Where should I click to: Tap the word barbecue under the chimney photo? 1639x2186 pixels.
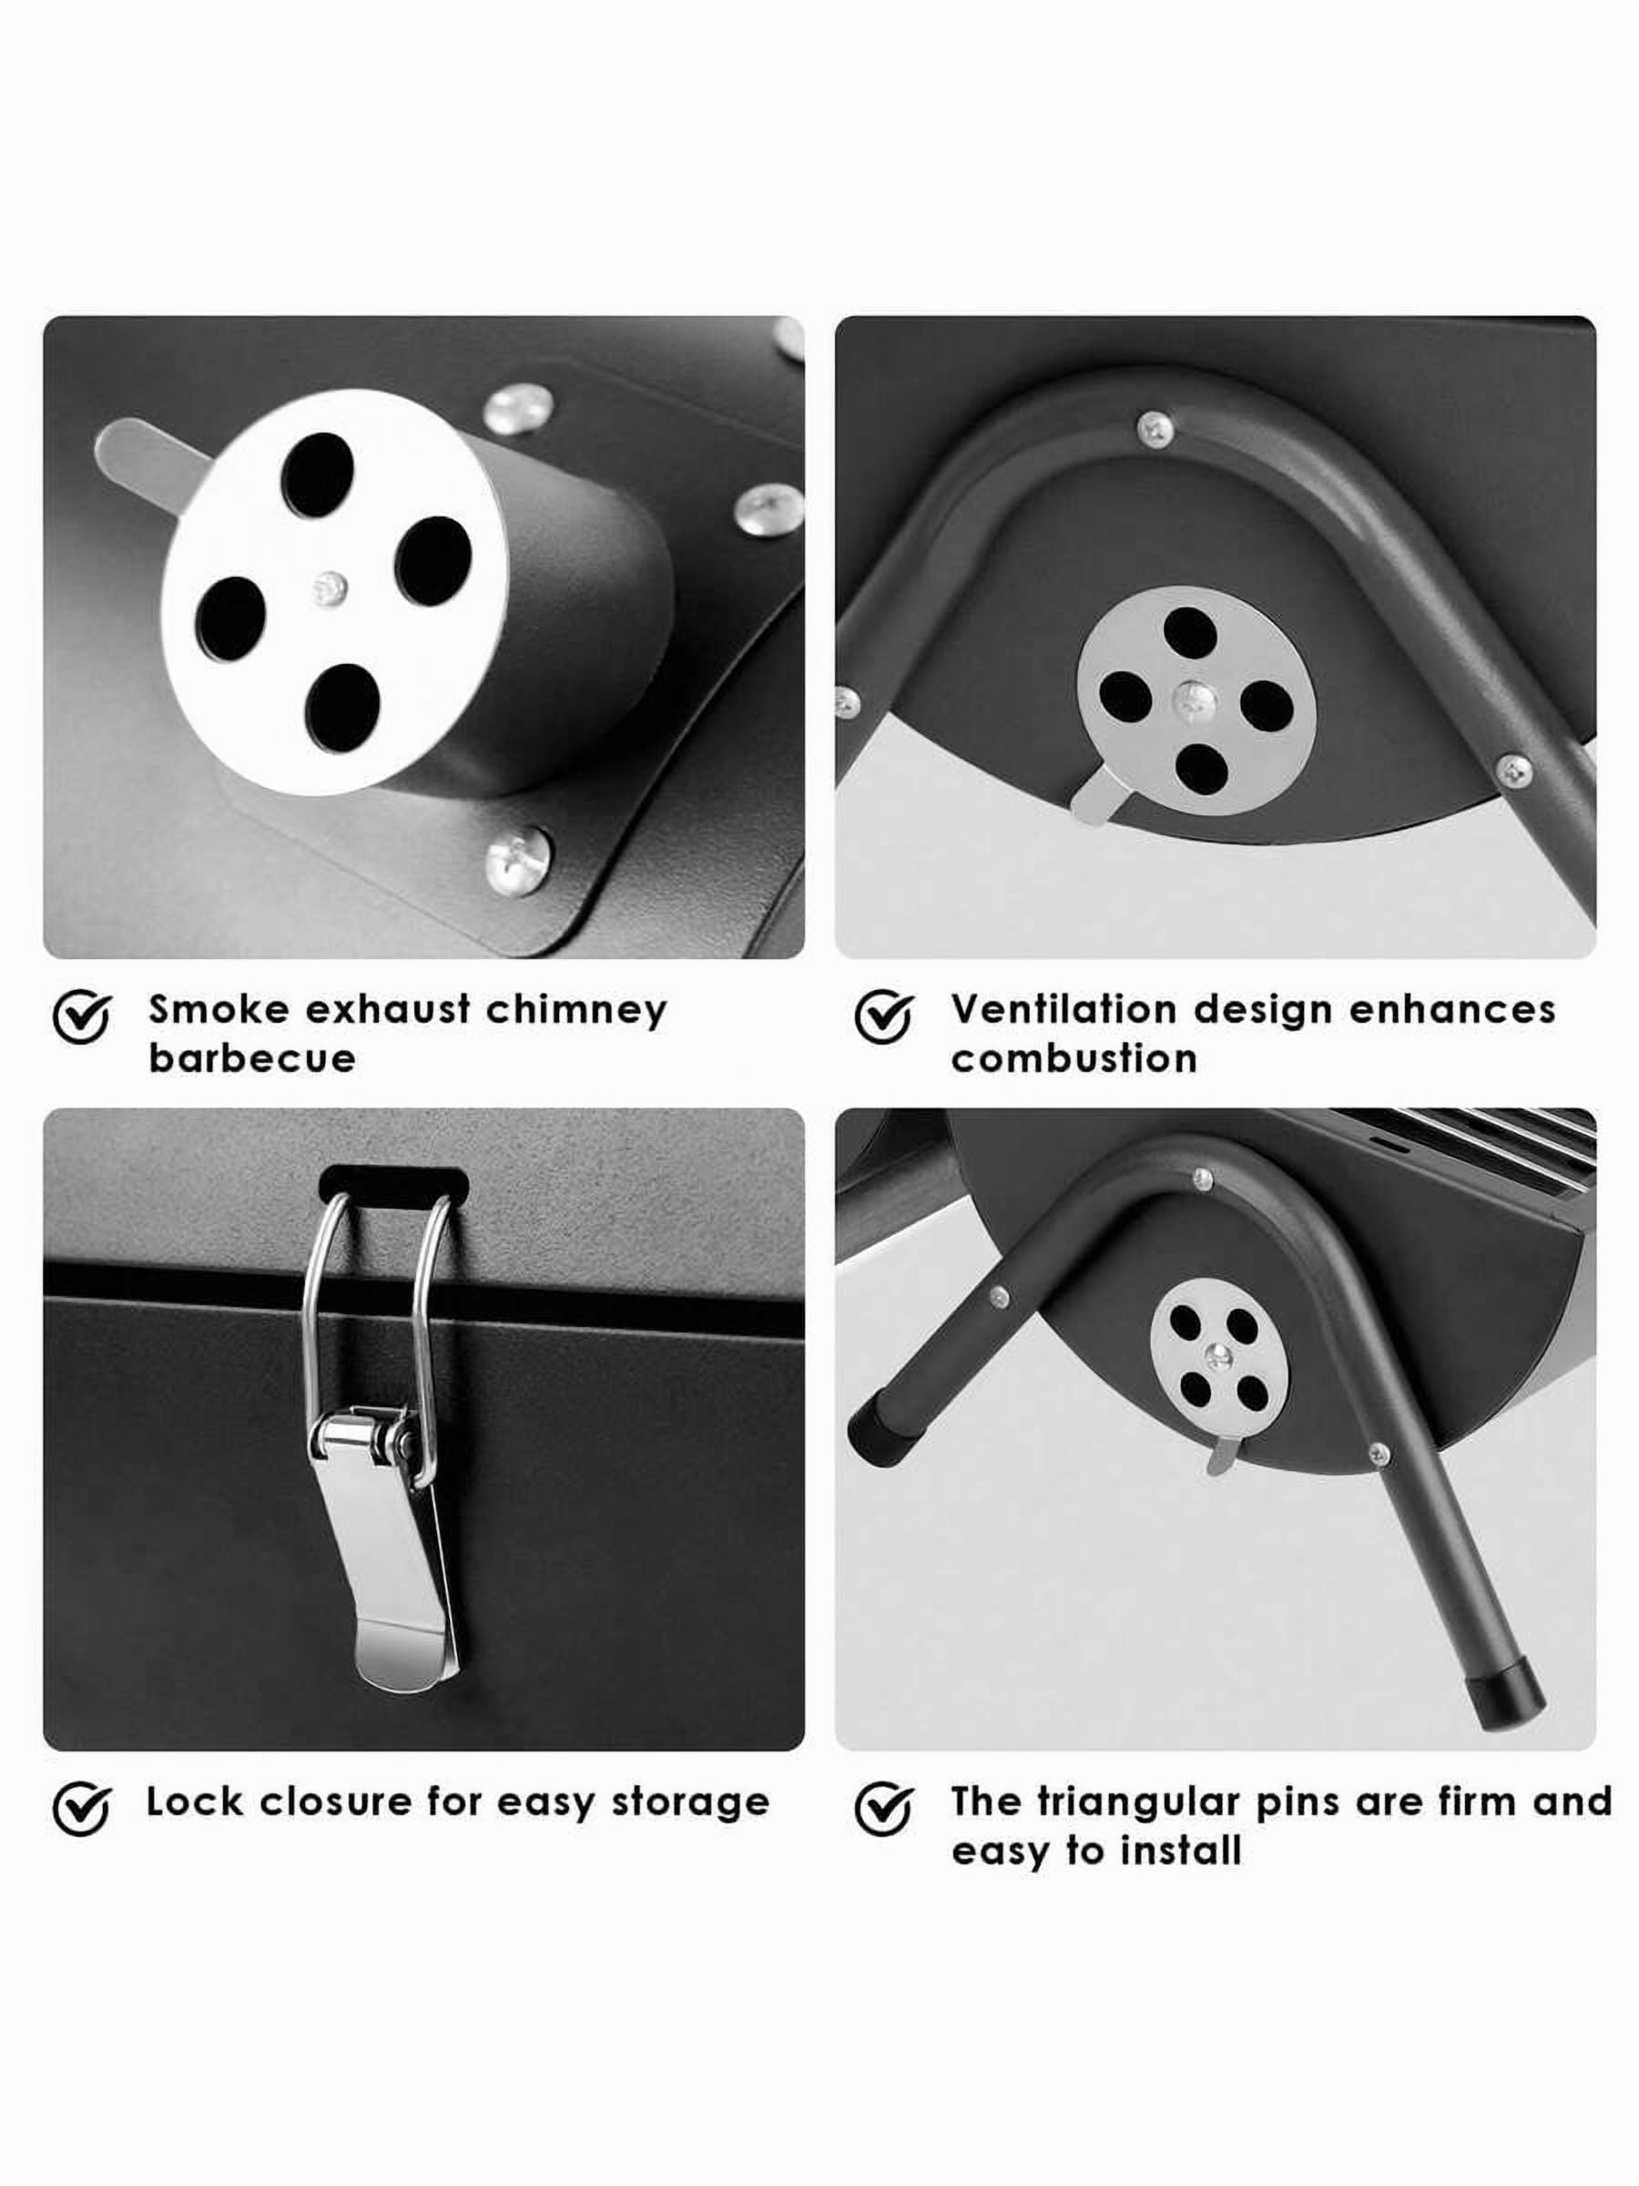point(252,1058)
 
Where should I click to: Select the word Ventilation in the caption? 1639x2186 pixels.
point(1064,1009)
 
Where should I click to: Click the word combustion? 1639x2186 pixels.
point(1074,1058)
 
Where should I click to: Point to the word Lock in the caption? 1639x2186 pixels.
point(194,1802)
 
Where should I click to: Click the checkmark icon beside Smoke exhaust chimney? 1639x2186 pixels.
point(82,1016)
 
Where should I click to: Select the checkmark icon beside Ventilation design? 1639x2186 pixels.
point(884,1016)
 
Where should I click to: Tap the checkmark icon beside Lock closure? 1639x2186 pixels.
point(82,1809)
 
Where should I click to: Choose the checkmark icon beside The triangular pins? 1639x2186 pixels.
point(884,1809)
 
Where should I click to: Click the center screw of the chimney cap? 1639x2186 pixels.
point(329,590)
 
